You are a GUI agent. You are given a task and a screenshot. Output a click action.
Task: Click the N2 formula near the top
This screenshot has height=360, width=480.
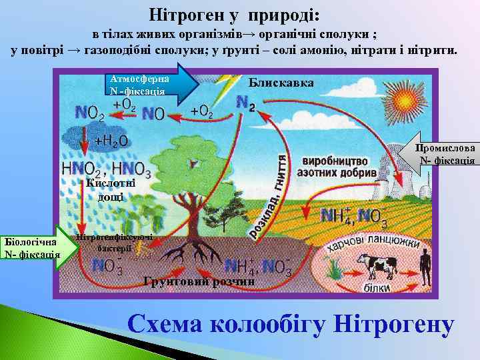pyautogui.click(x=245, y=102)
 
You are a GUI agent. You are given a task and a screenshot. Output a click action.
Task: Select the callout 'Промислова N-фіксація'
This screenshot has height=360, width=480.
pyautogui.click(x=443, y=154)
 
